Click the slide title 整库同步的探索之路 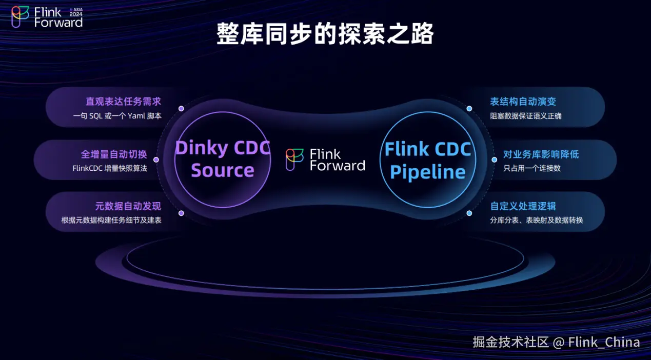point(325,34)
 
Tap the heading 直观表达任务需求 point(123,102)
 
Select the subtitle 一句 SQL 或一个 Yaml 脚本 point(117,116)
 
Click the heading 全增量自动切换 point(114,154)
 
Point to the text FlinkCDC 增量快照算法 point(110,168)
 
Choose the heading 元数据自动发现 point(128,206)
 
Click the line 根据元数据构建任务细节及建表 point(111,220)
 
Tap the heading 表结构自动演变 point(523,102)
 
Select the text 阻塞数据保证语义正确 point(525,116)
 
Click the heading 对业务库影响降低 point(541,154)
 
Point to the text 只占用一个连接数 point(531,168)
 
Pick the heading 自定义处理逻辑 point(523,206)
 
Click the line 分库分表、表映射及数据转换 point(536,220)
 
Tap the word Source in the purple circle point(223,170)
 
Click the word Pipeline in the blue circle point(428,172)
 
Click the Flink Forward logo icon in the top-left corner point(21,17)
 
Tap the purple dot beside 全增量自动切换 point(156,159)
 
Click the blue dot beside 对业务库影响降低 point(495,159)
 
